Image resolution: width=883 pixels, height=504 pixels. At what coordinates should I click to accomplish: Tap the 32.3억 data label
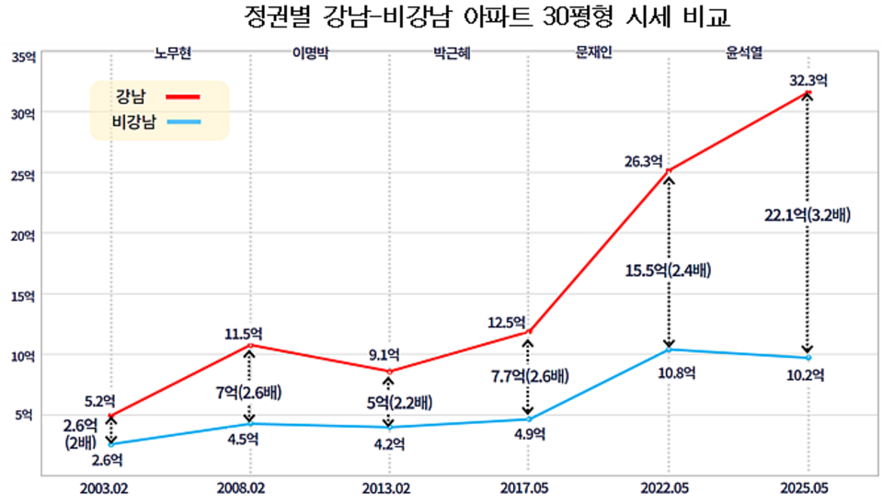coord(808,80)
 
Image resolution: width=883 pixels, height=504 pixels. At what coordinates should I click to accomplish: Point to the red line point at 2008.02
coord(249,345)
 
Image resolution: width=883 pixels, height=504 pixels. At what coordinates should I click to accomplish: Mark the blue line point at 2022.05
coord(668,349)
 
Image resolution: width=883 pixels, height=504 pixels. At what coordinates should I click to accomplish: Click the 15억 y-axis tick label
coord(24,296)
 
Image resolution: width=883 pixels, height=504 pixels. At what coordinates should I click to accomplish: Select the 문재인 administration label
coord(593,53)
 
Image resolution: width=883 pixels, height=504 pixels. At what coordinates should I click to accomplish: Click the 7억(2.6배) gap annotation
coord(249,394)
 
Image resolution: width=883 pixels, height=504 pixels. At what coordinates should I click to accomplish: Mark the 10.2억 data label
coord(807,374)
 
